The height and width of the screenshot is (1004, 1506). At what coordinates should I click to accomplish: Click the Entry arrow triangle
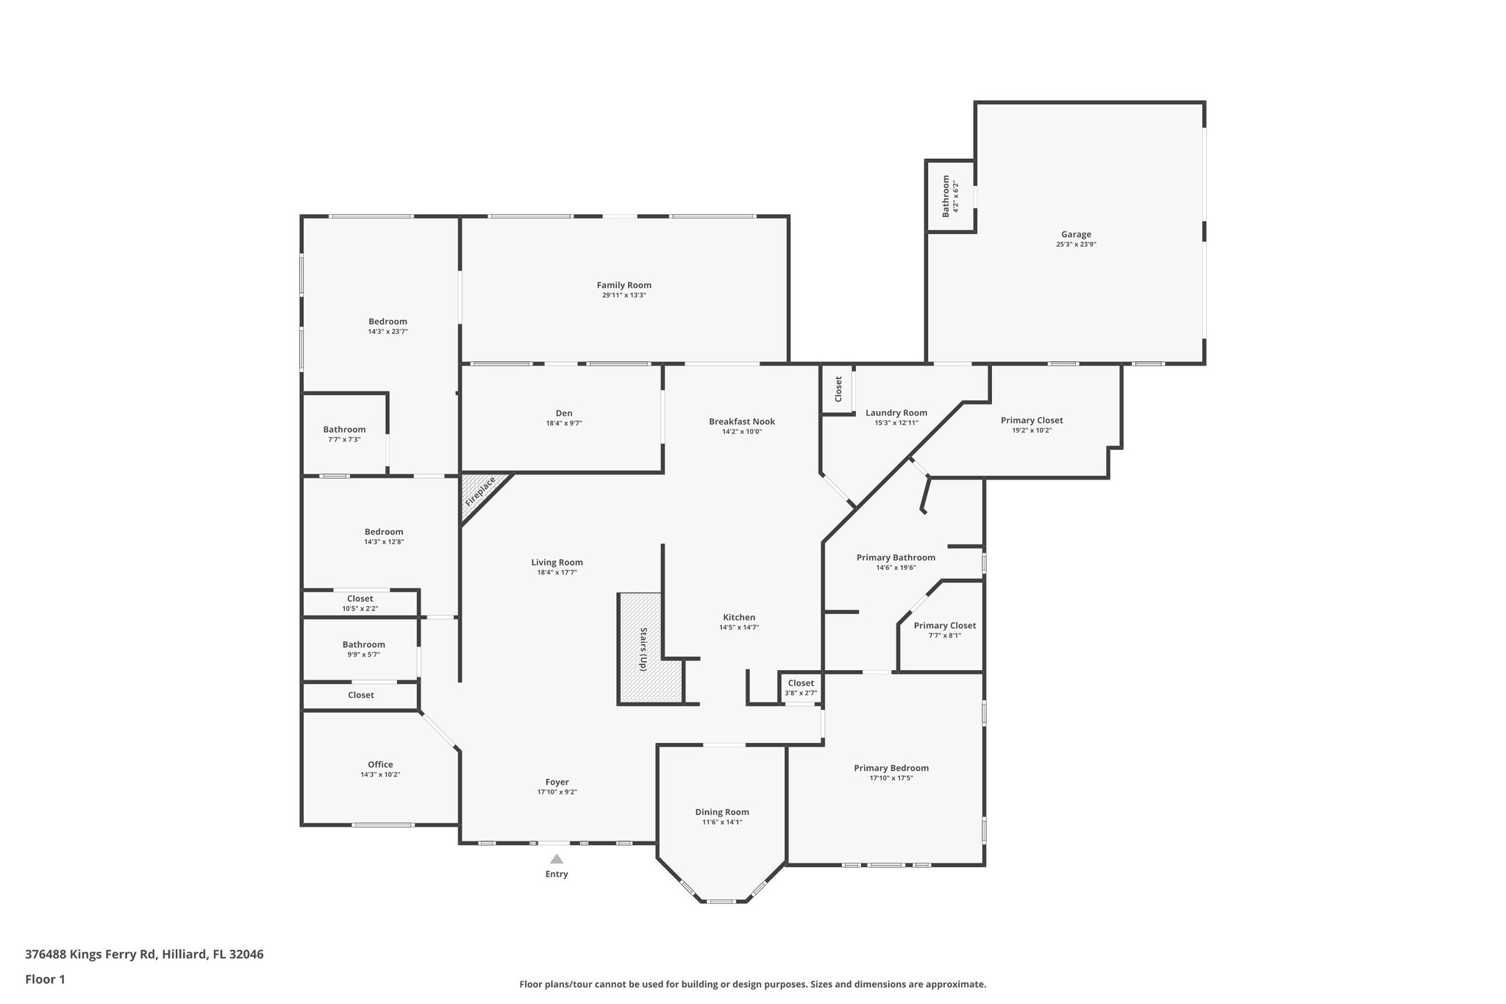coord(557,858)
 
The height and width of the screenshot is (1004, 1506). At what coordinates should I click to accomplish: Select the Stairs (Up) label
coord(643,649)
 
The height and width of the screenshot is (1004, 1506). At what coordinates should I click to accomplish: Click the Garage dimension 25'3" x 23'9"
coord(1076,244)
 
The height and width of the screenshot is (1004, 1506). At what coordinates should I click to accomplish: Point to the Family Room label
coord(624,285)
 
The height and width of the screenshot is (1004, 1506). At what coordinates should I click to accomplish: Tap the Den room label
coord(564,413)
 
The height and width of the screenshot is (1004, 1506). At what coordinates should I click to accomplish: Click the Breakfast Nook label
coord(741,421)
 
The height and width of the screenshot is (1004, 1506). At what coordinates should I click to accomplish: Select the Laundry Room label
coord(896,413)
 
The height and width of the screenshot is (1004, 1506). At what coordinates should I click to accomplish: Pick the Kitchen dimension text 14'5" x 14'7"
coord(738,627)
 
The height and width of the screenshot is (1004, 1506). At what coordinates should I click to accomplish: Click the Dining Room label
coord(722,812)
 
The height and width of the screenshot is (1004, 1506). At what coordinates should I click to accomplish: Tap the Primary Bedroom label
coord(891,768)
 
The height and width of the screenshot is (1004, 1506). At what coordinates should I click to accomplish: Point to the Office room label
coord(380,764)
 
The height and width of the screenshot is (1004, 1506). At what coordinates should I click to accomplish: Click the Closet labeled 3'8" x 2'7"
coord(801,687)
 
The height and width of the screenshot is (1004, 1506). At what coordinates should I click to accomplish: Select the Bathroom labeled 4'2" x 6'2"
coord(951,196)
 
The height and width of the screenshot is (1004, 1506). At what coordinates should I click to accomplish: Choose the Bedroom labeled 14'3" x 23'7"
coord(388,326)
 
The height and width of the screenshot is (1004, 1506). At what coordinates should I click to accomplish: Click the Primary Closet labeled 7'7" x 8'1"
coord(944,630)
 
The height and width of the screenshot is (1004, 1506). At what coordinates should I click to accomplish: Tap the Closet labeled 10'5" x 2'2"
coord(360,603)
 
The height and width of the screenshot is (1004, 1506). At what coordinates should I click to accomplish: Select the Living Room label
coord(557,563)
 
